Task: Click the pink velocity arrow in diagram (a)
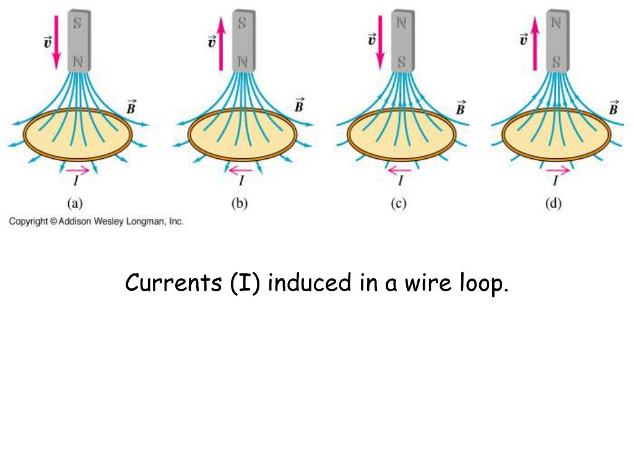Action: pyautogui.click(x=56, y=42)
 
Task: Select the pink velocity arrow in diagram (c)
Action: pyautogui.click(x=380, y=42)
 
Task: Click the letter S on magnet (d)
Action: pyautogui.click(x=557, y=61)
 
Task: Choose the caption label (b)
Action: pyautogui.click(x=239, y=203)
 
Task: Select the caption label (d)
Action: pyautogui.click(x=553, y=203)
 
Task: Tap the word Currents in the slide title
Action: pyautogui.click(x=174, y=283)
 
